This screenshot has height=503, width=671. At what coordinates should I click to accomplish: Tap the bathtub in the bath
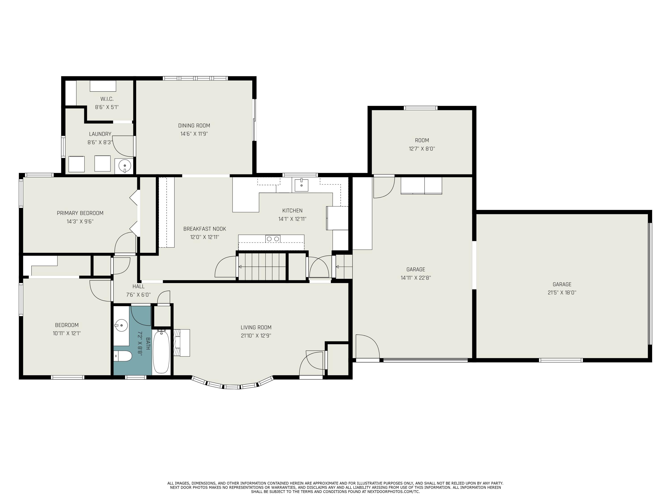[x=161, y=352]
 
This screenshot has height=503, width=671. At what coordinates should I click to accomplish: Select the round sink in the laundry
[x=124, y=166]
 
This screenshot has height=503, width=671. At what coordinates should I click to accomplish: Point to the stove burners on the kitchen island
[x=273, y=239]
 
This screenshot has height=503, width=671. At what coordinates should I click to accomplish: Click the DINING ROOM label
[x=194, y=125]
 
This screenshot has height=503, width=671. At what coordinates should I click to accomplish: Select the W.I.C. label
[x=107, y=99]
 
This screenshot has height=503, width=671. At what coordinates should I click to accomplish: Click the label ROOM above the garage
[x=422, y=140]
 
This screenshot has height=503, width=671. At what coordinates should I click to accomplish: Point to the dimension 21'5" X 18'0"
[x=562, y=293]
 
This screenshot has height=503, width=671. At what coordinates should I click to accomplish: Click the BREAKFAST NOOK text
[x=204, y=229]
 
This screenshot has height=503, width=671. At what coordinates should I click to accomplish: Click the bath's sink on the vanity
[x=121, y=326]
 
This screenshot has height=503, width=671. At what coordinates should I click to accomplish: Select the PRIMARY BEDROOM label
[x=80, y=213]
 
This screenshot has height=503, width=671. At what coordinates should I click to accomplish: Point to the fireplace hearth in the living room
[x=181, y=343]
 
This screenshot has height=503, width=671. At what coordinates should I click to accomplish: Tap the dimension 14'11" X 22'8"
[x=416, y=278]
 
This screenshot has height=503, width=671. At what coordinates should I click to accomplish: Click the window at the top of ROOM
[x=420, y=108]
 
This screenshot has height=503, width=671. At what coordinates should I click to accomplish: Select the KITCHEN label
[x=292, y=210]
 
